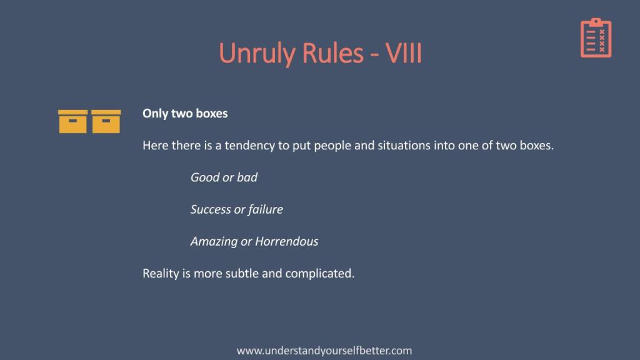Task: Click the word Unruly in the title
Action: [x=257, y=54]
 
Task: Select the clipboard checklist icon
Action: [x=596, y=37]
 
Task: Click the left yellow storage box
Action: [x=72, y=122]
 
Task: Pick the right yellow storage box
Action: [x=106, y=122]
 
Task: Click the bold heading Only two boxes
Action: [x=185, y=114]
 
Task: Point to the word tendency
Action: [x=250, y=146]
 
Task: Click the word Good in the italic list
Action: [x=205, y=177]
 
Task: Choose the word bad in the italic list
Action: [x=247, y=177]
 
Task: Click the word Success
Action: [x=211, y=209]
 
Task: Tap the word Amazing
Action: [x=214, y=242]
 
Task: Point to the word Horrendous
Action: [x=286, y=241]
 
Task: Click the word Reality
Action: [x=161, y=274]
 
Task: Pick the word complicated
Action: [x=320, y=274]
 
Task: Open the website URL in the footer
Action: [x=324, y=351]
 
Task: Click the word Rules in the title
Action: [x=332, y=52]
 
